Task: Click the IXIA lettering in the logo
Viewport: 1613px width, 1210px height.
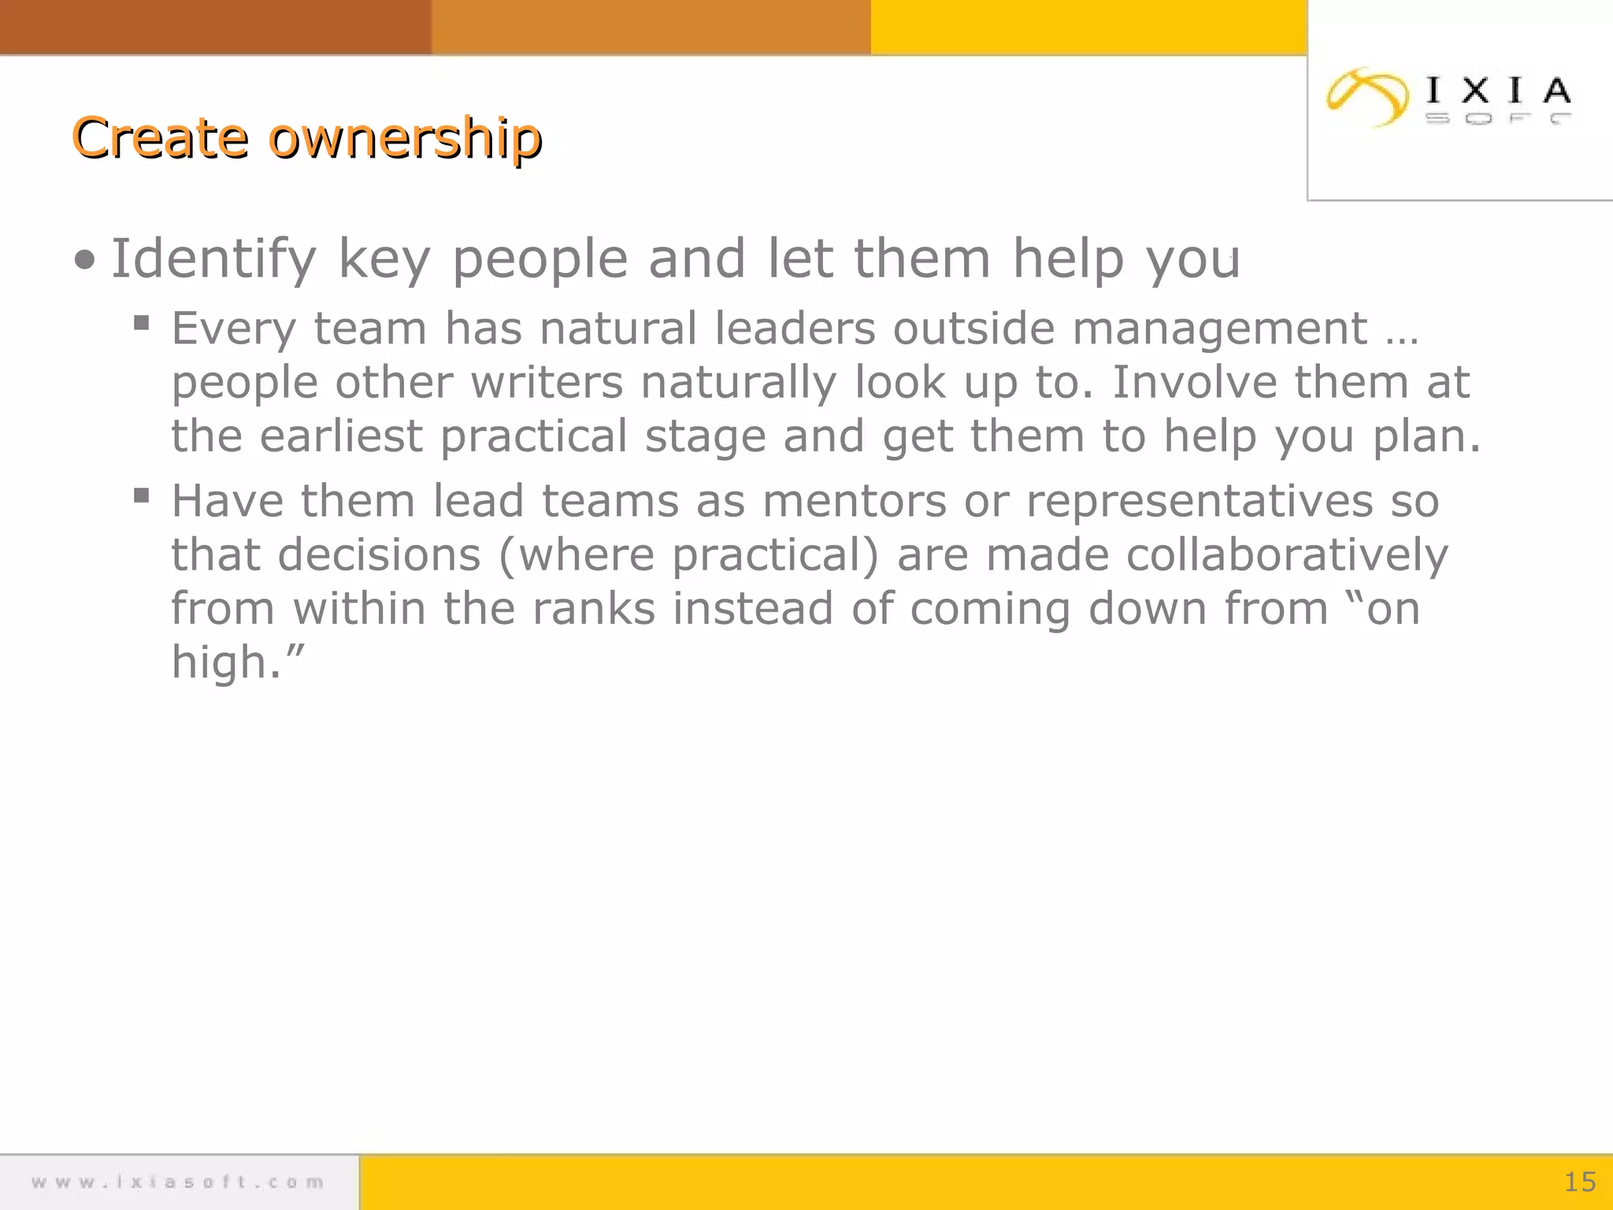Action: pos(1499,91)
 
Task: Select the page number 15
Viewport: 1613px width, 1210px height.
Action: pos(1579,1182)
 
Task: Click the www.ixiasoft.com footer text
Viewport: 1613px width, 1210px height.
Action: pos(178,1182)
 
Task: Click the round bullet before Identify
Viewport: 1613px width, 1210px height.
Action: pos(84,260)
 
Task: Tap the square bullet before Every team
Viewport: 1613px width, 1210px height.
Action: pos(142,323)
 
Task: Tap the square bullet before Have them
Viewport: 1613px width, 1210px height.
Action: pos(142,496)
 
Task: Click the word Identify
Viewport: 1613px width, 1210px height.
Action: pos(213,260)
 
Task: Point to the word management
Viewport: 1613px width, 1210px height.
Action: pos(1219,328)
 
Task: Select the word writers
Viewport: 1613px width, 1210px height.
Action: pos(547,383)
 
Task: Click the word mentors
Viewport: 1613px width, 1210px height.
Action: pos(854,502)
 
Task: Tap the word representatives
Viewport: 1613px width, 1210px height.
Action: pos(1199,502)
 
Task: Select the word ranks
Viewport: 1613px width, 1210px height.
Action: pos(593,609)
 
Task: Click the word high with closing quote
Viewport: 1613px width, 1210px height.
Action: pos(237,662)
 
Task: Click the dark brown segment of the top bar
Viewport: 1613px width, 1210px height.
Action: pos(215,27)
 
